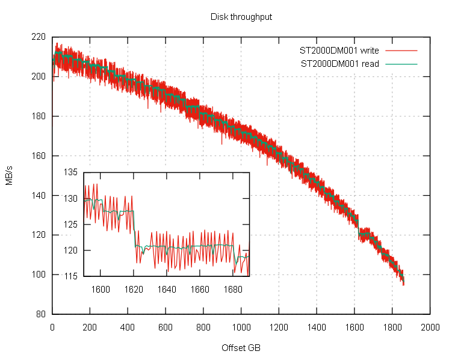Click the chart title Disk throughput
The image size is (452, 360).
[x=241, y=17]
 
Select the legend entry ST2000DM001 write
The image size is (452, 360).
[x=339, y=51]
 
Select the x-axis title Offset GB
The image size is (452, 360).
[x=241, y=348]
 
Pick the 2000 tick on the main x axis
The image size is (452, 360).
[x=430, y=327]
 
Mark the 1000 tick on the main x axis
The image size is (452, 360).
[x=241, y=327]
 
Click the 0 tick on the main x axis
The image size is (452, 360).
[x=52, y=327]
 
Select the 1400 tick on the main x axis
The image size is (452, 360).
[x=317, y=327]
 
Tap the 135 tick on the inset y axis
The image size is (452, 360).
[x=72, y=173]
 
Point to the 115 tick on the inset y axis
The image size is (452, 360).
[x=72, y=276]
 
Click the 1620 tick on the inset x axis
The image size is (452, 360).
[x=134, y=289]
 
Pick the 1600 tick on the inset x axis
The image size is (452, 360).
[x=101, y=289]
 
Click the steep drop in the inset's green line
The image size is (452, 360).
[x=135, y=229]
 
